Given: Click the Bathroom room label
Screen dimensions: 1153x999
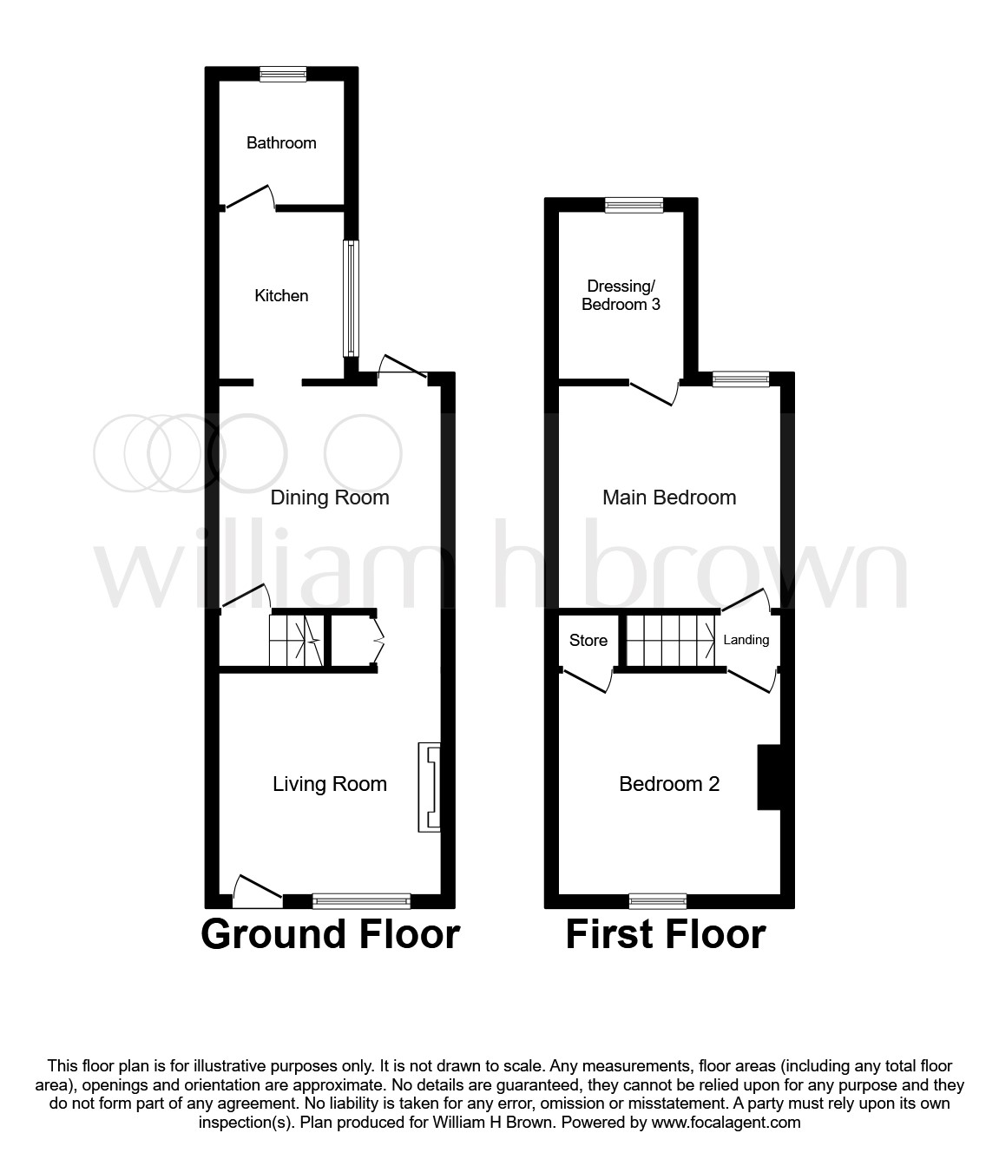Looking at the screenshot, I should pos(281,142).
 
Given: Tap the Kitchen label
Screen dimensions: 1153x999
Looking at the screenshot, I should pos(281,296).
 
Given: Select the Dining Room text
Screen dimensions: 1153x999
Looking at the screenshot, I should pos(330,497).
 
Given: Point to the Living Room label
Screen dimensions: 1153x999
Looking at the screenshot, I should pos(330,784).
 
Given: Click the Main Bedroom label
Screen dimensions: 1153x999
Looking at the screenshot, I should pos(669,497).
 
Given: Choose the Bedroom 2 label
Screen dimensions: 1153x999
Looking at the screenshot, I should pos(669,784).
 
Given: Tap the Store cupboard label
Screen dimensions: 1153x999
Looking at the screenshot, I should pos(588,641).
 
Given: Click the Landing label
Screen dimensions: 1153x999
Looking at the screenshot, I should pos(746,640).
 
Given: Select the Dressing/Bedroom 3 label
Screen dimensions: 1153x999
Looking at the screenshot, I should pos(621,295).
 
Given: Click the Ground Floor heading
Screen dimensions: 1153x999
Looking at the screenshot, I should pos(330,934).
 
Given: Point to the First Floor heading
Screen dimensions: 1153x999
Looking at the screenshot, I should pos(666,934).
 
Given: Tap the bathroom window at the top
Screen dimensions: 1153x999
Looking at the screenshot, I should pos(283,75).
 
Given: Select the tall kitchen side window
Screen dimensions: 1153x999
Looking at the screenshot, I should pos(351,298).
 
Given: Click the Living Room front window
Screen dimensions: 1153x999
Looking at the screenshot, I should pos(361,901).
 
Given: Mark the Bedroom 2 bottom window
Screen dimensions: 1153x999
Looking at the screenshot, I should pos(658,901).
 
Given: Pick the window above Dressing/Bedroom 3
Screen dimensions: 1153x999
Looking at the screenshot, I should pos(634,205).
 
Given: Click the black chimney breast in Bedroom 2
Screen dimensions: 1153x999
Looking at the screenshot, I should pos(769,777).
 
